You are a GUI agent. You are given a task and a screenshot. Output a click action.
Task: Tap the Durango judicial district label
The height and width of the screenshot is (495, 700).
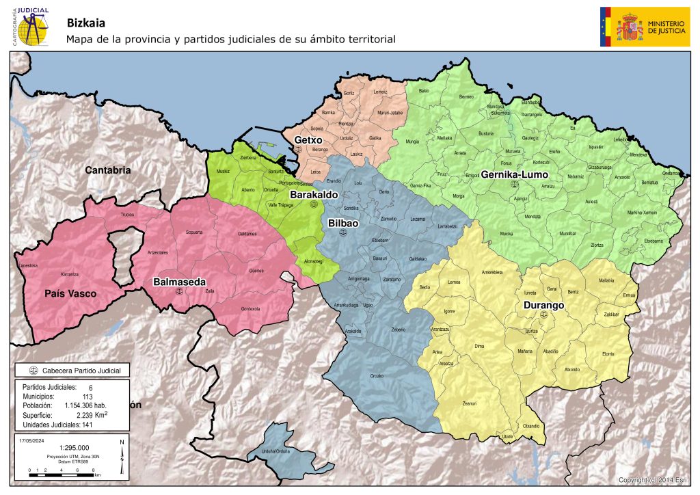point(543,305)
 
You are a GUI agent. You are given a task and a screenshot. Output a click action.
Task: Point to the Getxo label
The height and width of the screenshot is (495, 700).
point(308,140)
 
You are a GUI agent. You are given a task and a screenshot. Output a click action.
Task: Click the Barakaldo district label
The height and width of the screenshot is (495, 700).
point(314,195)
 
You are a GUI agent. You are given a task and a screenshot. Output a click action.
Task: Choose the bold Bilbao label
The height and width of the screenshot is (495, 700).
point(342,223)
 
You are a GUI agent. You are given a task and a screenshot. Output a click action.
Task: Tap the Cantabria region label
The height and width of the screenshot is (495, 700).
point(107,170)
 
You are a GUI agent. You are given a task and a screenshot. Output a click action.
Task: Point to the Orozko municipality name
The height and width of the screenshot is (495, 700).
point(377,376)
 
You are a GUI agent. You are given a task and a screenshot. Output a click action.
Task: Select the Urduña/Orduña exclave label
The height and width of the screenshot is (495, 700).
point(274,452)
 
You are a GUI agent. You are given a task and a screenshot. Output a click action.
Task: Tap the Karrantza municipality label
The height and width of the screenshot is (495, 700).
point(70,274)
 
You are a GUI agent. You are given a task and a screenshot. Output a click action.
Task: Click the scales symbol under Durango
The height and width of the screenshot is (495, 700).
point(543,315)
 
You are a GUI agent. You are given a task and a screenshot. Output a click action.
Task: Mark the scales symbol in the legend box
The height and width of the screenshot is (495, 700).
point(32,371)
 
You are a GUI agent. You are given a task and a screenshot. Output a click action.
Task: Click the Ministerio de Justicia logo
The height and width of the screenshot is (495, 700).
point(645,27)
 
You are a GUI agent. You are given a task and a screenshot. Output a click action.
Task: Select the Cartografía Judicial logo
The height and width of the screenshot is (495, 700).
point(31,26)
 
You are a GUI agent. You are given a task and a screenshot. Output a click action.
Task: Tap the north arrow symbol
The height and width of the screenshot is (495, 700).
point(121,456)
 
